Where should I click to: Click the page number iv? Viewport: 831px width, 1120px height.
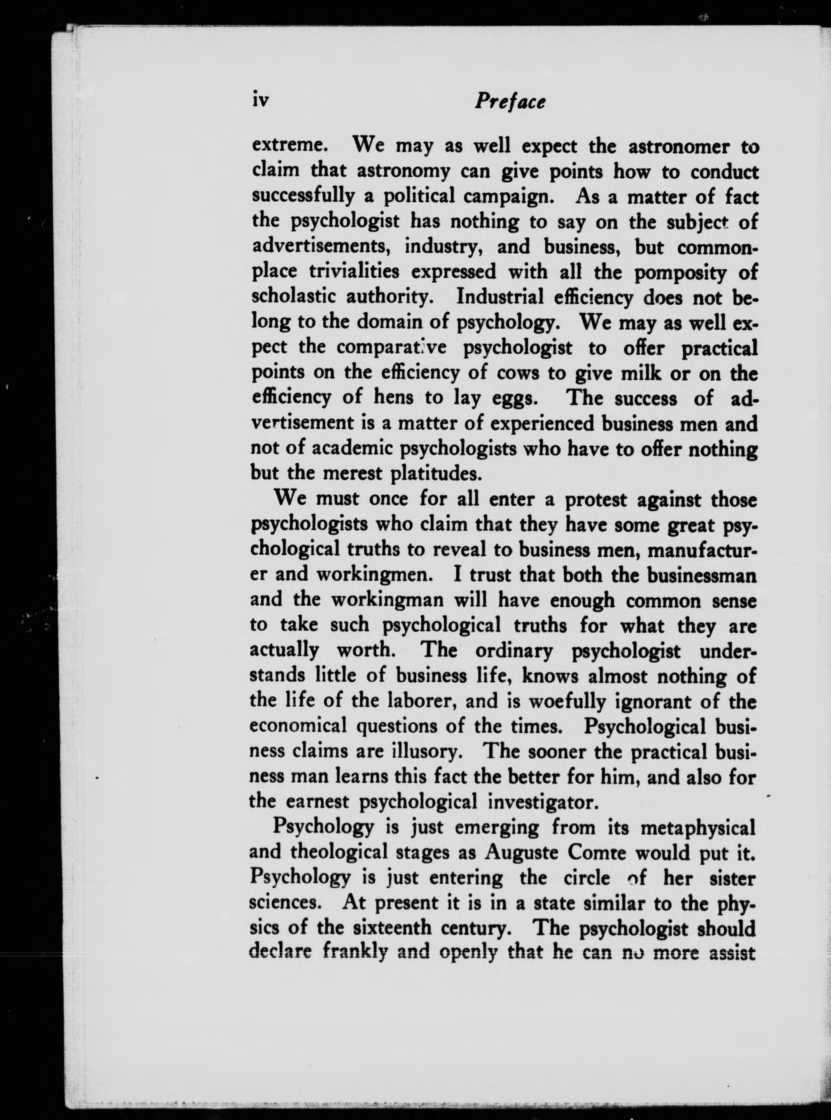[x=261, y=101]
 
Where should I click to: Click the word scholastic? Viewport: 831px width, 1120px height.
[x=293, y=297]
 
